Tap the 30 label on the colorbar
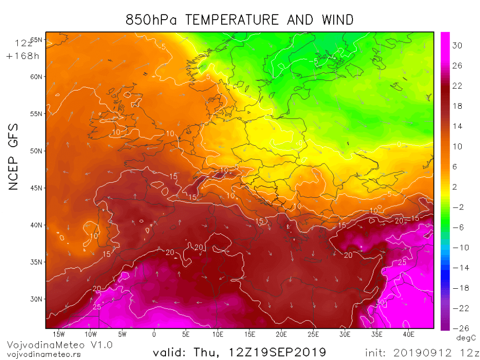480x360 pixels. click(x=457, y=45)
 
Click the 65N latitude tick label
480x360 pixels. click(x=37, y=40)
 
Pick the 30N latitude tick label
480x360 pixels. click(x=37, y=299)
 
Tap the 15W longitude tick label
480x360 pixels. click(x=59, y=334)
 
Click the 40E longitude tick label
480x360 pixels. click(x=409, y=334)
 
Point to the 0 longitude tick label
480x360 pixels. click(x=154, y=334)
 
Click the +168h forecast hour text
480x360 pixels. click(x=22, y=56)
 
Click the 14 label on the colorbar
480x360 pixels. click(x=457, y=126)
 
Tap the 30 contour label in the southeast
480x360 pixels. click(x=380, y=303)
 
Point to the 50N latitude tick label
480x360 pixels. click(x=37, y=151)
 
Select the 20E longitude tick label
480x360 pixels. click(x=281, y=334)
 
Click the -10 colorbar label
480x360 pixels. click(x=456, y=247)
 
